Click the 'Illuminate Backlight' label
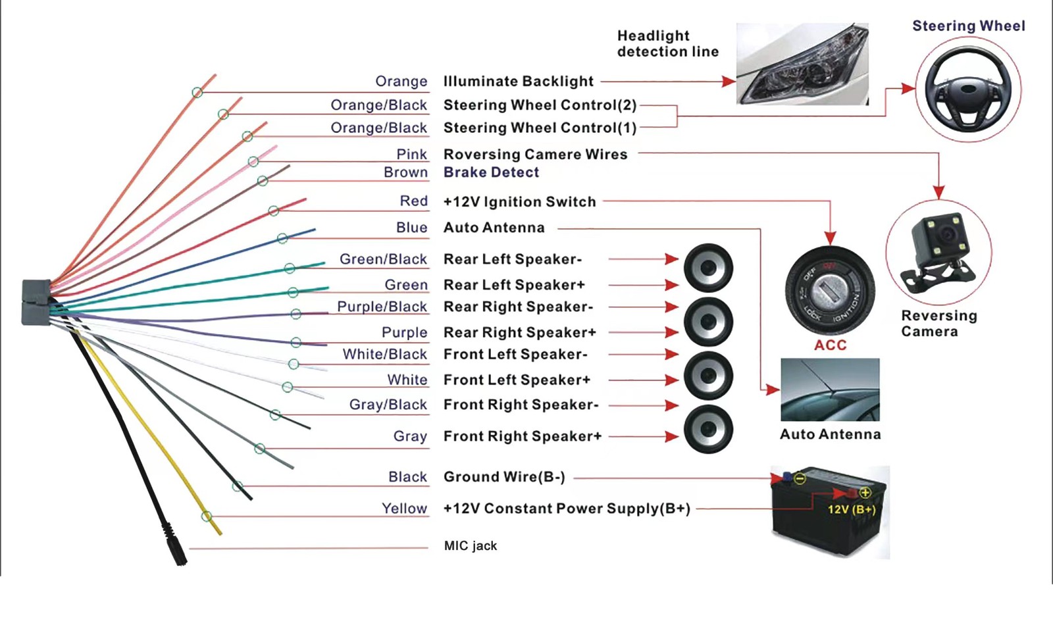point(518,82)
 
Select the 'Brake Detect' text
point(491,172)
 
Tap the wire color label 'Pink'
point(412,154)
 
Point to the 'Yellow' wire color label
point(404,509)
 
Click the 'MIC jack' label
point(470,545)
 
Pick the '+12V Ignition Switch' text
point(519,202)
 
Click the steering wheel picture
point(968,89)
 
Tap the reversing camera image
point(938,253)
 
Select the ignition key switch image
point(830,290)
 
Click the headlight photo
point(802,64)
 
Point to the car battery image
point(830,512)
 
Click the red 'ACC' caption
point(830,345)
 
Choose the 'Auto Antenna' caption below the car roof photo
point(830,434)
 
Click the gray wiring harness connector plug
point(36,302)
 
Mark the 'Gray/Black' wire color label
point(388,405)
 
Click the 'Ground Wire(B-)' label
point(504,477)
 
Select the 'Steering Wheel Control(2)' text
point(540,105)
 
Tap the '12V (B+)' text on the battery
point(852,510)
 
